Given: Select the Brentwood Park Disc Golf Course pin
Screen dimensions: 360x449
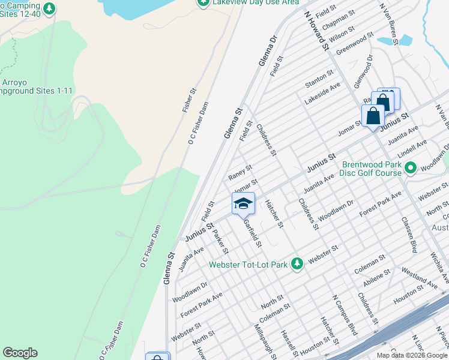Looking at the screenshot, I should pyautogui.click(x=411, y=167).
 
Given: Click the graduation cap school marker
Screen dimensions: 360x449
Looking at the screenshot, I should pyautogui.click(x=243, y=204).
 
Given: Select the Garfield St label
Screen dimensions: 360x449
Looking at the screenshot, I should pyautogui.click(x=252, y=232).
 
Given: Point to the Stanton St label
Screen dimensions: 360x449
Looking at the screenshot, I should pyautogui.click(x=319, y=77).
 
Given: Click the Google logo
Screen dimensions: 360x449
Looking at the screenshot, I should pyautogui.click(x=20, y=353).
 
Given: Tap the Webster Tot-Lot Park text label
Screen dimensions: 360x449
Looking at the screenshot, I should pyautogui.click(x=249, y=265).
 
